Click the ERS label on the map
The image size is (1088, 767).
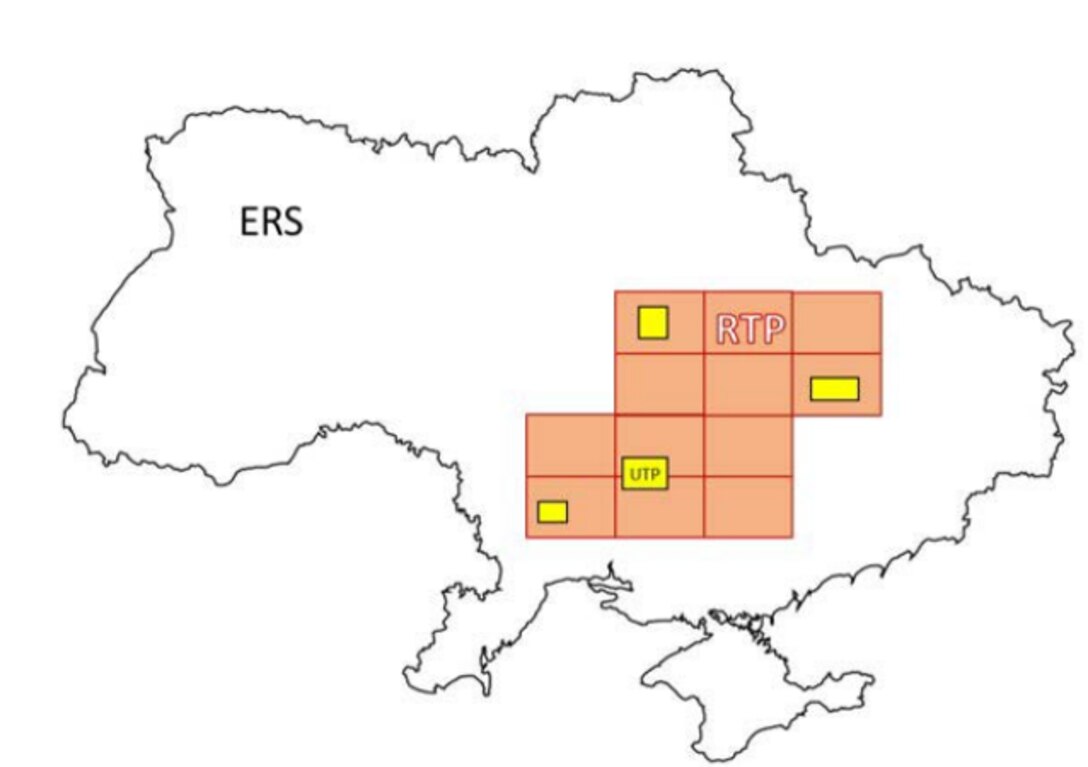click(x=271, y=222)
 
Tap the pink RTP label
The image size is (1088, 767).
click(x=750, y=329)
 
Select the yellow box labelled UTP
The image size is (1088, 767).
click(x=644, y=473)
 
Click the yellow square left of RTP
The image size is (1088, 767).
click(x=652, y=323)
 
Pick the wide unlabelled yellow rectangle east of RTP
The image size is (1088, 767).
click(x=834, y=388)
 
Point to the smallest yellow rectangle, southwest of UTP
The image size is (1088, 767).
click(x=552, y=511)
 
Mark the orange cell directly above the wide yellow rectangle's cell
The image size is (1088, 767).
click(x=837, y=322)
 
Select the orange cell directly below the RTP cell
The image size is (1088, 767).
click(x=748, y=384)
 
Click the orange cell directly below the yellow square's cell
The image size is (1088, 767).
click(x=659, y=384)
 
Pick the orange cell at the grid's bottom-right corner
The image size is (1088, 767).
click(x=748, y=507)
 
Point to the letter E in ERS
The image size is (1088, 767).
click(x=250, y=222)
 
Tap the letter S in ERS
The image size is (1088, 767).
click(x=291, y=222)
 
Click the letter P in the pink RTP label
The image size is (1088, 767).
click(x=772, y=329)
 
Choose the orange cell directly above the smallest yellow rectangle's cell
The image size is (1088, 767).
click(x=570, y=446)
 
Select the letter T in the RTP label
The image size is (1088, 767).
click(x=750, y=329)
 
